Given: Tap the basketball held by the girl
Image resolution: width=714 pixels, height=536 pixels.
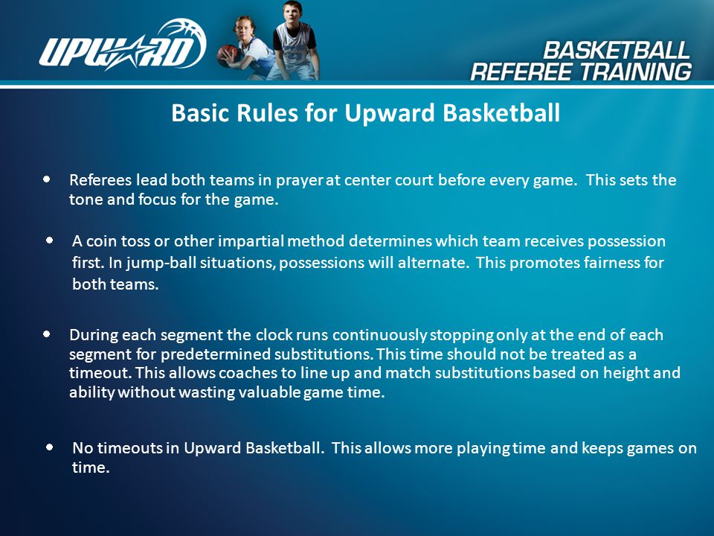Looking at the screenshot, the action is pos(228,55).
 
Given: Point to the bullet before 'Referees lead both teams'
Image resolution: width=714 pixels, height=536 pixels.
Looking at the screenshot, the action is pos(47,179).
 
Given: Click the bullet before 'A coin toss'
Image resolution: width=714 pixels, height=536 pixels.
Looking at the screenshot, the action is pos(50,240).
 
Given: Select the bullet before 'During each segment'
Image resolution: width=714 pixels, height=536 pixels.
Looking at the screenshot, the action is pos(46,334).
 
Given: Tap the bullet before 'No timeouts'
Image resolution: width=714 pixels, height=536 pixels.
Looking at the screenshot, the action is pos(50,447).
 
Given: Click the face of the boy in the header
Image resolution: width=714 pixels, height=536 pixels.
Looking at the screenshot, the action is pos(292,13).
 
